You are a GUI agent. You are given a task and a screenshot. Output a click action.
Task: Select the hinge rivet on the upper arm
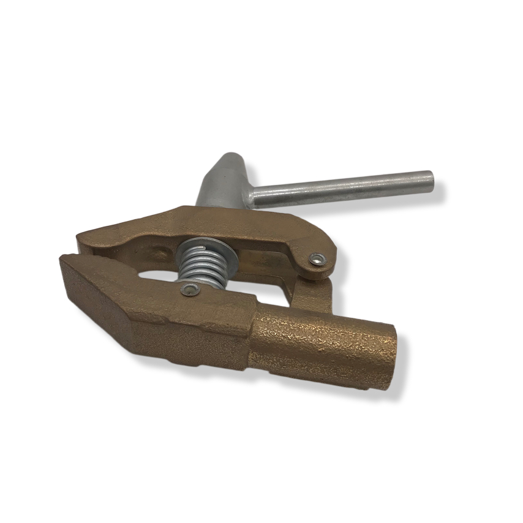point(317,260)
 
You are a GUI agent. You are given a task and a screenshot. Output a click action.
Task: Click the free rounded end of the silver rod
point(429,179)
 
